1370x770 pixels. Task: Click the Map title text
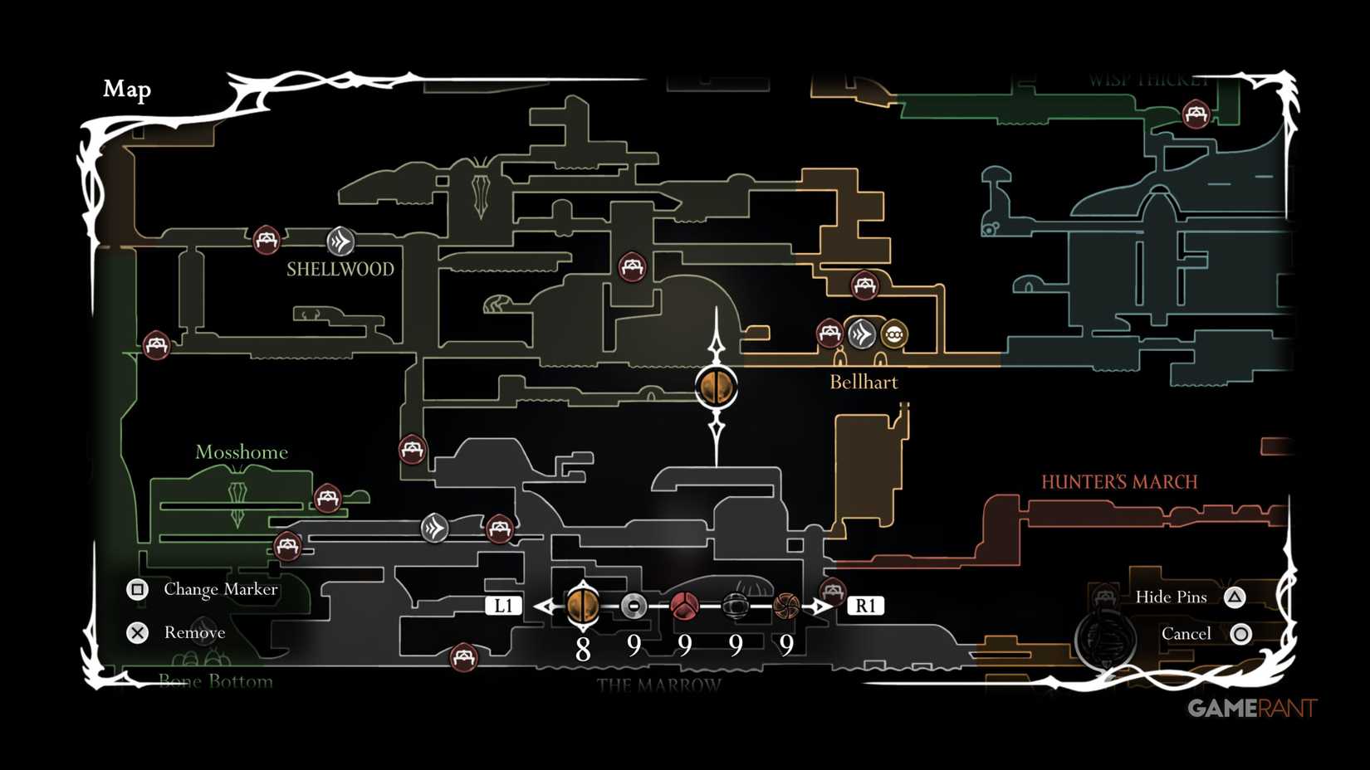(127, 89)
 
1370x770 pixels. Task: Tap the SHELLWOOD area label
(340, 269)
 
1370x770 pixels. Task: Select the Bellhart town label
(864, 382)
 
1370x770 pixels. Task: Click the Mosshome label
(241, 452)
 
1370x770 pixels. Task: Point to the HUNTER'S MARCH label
(1118, 482)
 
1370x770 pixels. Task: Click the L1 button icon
(503, 606)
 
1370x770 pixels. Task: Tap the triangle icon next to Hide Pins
(1235, 597)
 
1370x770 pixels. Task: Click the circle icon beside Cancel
(1240, 634)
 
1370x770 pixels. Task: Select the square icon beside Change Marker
(138, 589)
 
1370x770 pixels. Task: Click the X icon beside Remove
(138, 633)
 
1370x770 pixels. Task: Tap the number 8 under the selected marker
(583, 649)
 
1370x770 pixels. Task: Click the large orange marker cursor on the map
(716, 387)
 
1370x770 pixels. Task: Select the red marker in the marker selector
(684, 606)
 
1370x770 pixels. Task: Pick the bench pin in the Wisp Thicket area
(1196, 114)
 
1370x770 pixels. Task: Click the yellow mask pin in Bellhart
(894, 334)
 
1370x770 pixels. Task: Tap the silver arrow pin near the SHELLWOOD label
(340, 241)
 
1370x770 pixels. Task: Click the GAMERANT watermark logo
(1251, 708)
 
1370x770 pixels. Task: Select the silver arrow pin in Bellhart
(861, 334)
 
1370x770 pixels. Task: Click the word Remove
(194, 633)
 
